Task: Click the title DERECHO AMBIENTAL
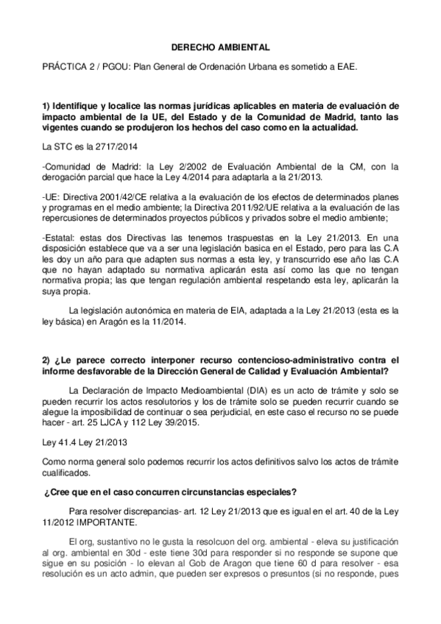220,46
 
